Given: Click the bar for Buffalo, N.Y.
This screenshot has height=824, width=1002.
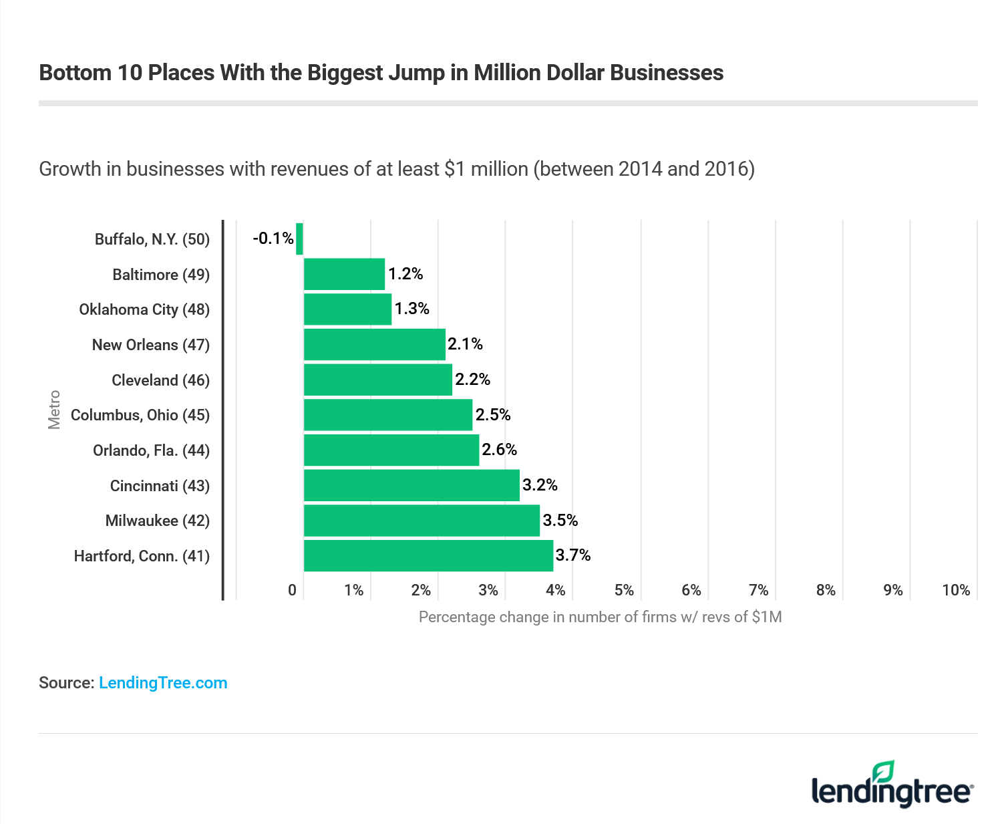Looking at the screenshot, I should click(x=299, y=239).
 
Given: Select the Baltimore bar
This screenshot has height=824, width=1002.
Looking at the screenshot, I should click(x=344, y=274).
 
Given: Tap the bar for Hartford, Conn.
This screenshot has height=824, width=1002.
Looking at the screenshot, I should click(x=428, y=555).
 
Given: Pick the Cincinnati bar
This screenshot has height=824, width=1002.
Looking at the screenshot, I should click(x=411, y=485).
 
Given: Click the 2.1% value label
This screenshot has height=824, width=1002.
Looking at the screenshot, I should click(x=465, y=344).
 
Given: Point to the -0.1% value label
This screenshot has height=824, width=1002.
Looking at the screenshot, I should click(x=273, y=239).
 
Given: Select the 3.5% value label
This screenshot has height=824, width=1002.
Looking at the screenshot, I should click(x=560, y=520).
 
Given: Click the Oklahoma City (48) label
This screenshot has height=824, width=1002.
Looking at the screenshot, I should click(x=144, y=309).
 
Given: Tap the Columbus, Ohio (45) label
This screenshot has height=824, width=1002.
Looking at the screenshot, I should click(x=140, y=415).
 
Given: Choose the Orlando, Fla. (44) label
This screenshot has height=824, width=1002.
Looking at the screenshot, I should click(x=151, y=450).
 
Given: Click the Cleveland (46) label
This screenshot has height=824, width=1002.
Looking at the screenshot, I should click(x=160, y=380).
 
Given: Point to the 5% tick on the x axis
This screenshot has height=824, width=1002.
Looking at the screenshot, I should click(x=624, y=590).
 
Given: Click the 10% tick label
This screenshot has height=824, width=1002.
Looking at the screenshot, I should click(x=956, y=590).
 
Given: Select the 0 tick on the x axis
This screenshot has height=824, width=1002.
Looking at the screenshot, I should click(x=292, y=590).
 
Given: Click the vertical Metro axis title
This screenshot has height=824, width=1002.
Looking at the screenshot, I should click(x=54, y=410).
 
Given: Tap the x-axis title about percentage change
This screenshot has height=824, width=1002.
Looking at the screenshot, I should click(x=600, y=617).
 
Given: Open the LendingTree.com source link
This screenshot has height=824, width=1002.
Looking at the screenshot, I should click(x=163, y=683).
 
